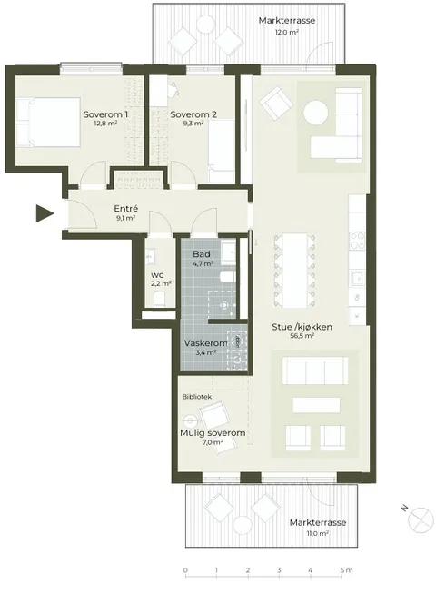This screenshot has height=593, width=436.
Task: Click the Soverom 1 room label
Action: [x=105, y=114]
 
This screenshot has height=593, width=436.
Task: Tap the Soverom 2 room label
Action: [x=193, y=114]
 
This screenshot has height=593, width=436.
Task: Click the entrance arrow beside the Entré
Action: [x=45, y=212]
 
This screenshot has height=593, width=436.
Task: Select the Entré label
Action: [x=126, y=208]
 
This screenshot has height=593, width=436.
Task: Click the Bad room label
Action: [x=201, y=254]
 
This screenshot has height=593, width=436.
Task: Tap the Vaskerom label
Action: [x=205, y=343]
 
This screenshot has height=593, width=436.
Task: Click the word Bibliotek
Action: [x=196, y=397]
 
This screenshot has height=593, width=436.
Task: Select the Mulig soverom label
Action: [x=213, y=432]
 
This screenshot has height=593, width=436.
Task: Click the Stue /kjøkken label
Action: [x=302, y=327]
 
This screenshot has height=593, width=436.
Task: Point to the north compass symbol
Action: [x=421, y=520]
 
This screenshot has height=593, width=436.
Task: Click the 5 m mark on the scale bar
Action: [x=346, y=570]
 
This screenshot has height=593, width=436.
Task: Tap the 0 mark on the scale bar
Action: [x=185, y=570]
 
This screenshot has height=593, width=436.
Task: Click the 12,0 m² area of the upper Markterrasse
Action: [x=287, y=32]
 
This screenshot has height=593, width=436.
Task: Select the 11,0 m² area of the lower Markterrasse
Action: [x=318, y=533]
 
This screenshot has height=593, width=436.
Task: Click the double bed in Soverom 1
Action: [x=48, y=122]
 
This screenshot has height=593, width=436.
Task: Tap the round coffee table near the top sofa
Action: [x=316, y=113]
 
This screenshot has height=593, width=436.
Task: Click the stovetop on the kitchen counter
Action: [x=357, y=242]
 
